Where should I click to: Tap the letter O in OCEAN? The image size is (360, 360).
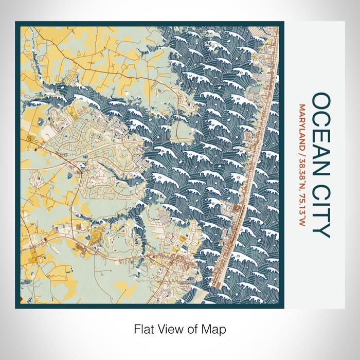coord(321,101)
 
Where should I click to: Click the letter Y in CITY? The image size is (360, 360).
coord(321,231)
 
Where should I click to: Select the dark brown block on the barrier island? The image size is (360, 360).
coord(236,208)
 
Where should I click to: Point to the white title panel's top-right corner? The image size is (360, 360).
coord(344,22)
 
